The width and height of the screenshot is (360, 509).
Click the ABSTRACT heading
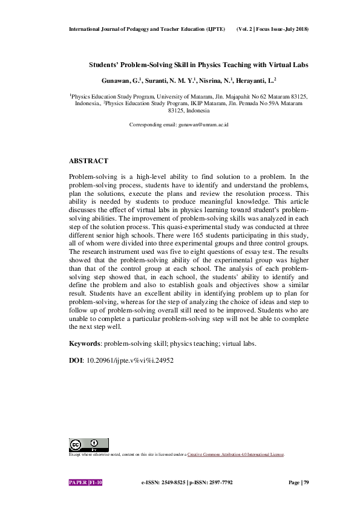(x=88, y=161)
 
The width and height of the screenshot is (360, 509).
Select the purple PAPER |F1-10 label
(x=86, y=483)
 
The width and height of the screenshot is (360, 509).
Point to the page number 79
(x=306, y=483)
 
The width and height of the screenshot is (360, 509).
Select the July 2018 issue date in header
(x=295, y=29)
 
